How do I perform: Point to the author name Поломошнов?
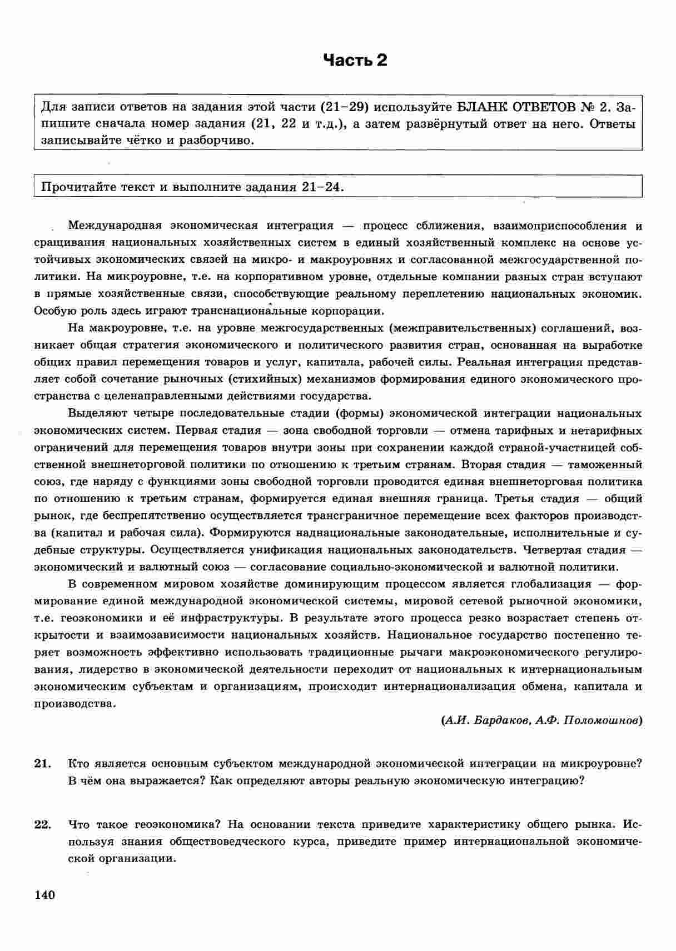[602, 720]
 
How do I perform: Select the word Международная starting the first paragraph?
[114, 226]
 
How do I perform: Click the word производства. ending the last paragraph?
[75, 703]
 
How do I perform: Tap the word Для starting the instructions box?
[53, 106]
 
